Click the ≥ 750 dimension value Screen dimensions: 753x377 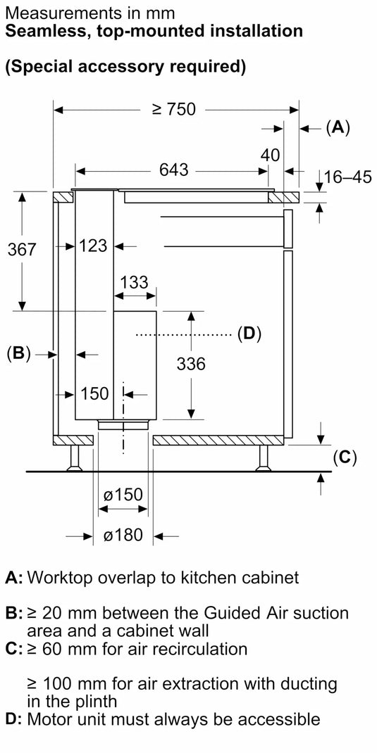coord(173,109)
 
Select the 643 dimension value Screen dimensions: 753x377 coord(173,170)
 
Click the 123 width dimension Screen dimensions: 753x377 coord(93,246)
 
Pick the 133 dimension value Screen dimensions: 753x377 coord(134,282)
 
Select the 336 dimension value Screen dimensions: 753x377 coord(190,363)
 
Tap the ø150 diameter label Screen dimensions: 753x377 coord(123,495)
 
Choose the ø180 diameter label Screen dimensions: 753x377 coord(123,536)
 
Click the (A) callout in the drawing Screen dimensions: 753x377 coord(338,127)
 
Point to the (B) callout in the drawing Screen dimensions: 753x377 coord(18,354)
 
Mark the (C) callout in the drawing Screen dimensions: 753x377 coord(345,457)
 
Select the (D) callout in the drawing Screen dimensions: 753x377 coord(249,333)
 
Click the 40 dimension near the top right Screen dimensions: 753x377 coord(271,155)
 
